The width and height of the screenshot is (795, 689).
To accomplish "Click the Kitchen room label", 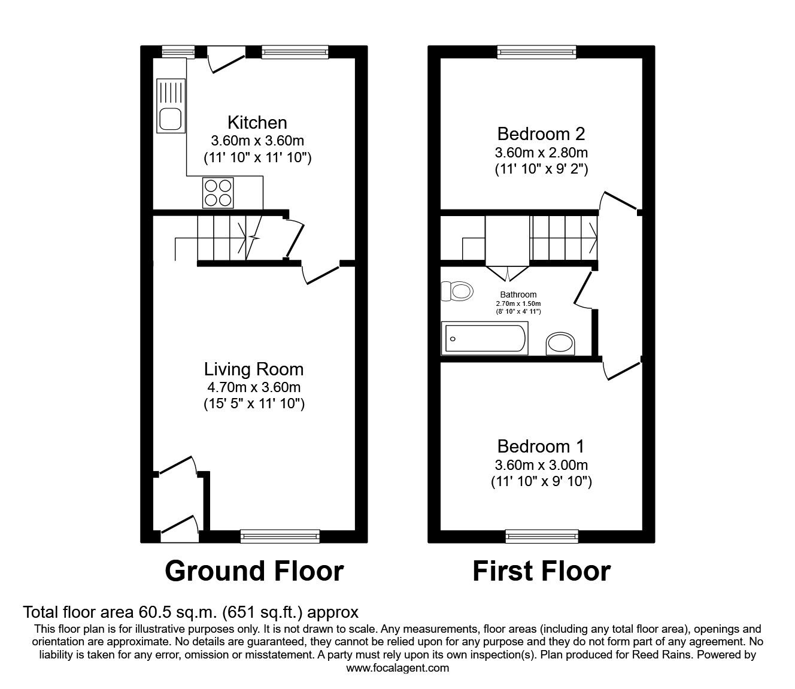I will coord(257,123).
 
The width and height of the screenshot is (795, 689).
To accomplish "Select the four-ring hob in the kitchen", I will coord(218,192).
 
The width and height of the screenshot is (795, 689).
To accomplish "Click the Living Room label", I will coord(254,369).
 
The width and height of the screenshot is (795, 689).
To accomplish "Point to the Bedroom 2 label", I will coord(541,133).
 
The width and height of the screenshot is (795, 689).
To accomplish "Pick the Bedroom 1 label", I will coord(541,446).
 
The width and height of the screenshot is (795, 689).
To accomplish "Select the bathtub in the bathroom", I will coord(484,338).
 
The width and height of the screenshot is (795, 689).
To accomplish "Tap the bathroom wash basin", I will coord(561,344).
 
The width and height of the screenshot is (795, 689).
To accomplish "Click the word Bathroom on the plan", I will coord(518,295).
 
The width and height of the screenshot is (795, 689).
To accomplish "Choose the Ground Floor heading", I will coord(254,571).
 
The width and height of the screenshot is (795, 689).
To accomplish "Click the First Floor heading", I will coord(541,571).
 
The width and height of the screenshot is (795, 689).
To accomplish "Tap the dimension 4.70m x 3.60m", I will coord(254,387).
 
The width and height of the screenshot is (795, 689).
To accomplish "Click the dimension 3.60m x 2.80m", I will coord(541,152).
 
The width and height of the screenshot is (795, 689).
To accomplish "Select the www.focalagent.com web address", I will coord(397,668).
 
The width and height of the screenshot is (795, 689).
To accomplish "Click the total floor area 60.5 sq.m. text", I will coord(190,612).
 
